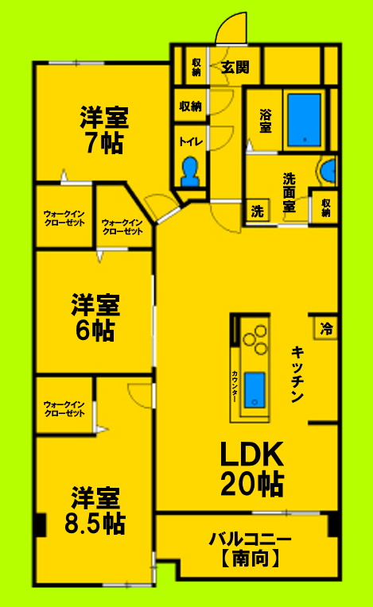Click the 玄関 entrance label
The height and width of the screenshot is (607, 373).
point(235,66)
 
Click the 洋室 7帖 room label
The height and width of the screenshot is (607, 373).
point(103,130)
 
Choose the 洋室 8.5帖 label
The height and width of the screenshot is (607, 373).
point(95,510)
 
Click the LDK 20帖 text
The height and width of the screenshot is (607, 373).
point(252,469)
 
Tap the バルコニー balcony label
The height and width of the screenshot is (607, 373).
point(250,539)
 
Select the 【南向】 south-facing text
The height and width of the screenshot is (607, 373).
point(250,559)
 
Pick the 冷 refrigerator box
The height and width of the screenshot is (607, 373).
point(326,327)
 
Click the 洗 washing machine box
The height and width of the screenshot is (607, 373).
point(257,211)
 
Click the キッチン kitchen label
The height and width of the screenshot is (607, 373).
point(297,375)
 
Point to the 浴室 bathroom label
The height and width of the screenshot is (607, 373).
point(265,121)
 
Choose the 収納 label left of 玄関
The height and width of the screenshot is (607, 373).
point(196,66)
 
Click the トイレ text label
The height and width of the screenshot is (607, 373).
point(190,142)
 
